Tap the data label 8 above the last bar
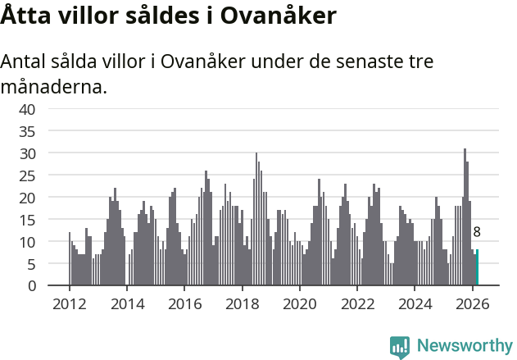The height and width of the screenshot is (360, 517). point(477,232)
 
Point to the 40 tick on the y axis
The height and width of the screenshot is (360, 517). point(27,109)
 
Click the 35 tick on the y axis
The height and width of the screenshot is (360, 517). point(27,131)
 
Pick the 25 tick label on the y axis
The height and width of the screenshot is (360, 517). point(27,175)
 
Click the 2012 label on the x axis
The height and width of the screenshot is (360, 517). point(69,303)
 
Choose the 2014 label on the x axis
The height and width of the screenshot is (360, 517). point(126,303)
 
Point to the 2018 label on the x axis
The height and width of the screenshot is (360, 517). point(242,303)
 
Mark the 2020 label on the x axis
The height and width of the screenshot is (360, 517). point(299,303)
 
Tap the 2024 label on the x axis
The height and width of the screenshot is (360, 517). point(415,303)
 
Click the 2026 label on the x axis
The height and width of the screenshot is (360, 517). point(472,303)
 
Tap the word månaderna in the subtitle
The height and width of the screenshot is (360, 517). point(54,86)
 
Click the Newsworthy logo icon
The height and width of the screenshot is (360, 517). point(400,347)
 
